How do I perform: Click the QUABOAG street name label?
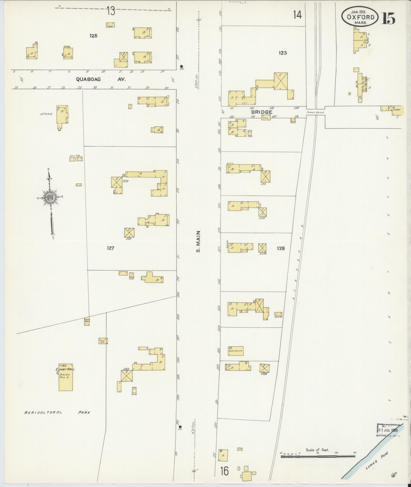(x=88, y=79)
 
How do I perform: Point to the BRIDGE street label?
(x=262, y=112)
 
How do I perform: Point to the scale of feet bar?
(x=318, y=457)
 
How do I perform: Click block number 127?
(x=111, y=248)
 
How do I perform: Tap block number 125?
(x=93, y=36)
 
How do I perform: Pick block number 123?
(x=283, y=53)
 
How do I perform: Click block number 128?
(x=281, y=248)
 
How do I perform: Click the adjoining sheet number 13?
(x=111, y=11)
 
